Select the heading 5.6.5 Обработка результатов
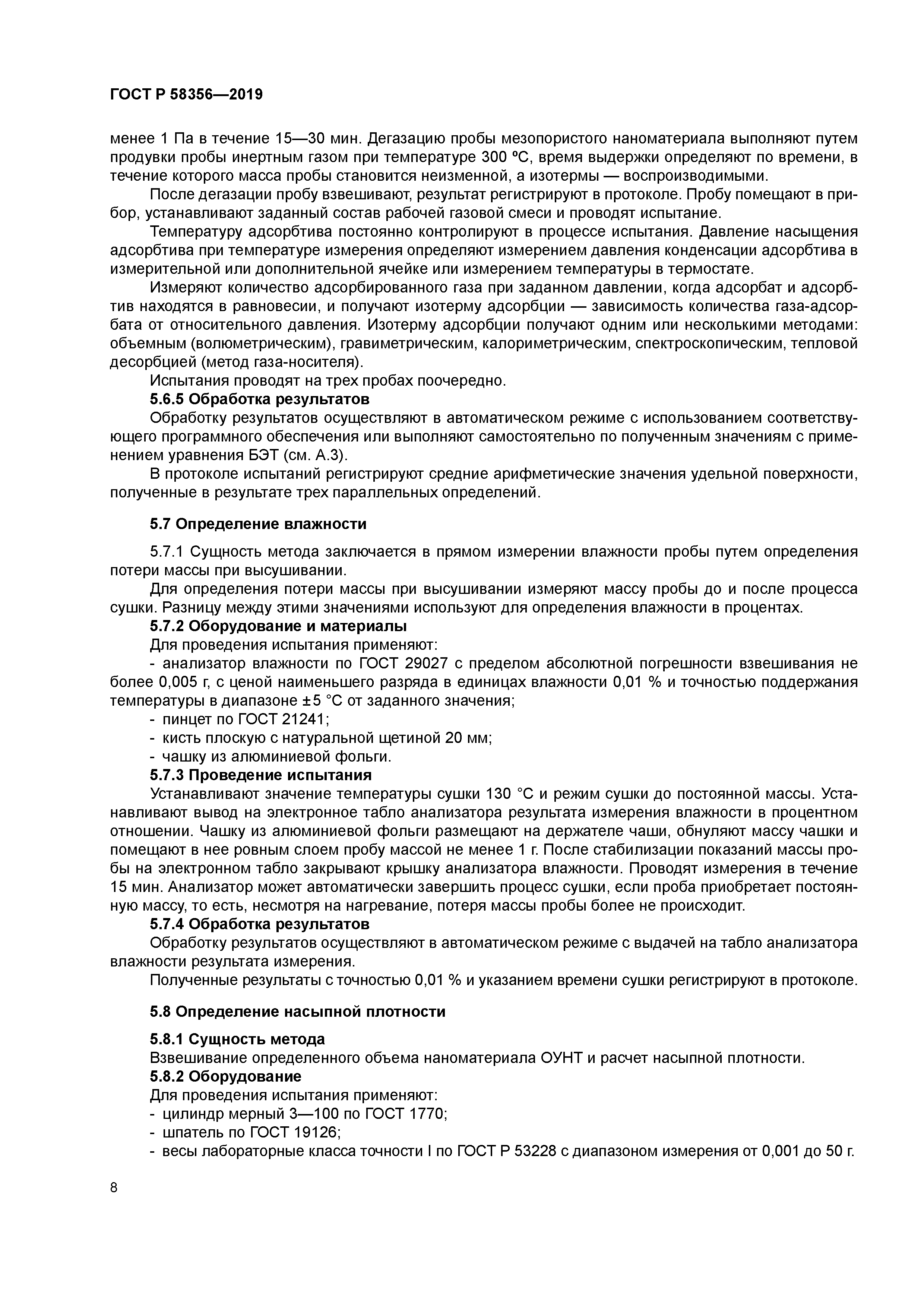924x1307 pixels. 260,399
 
